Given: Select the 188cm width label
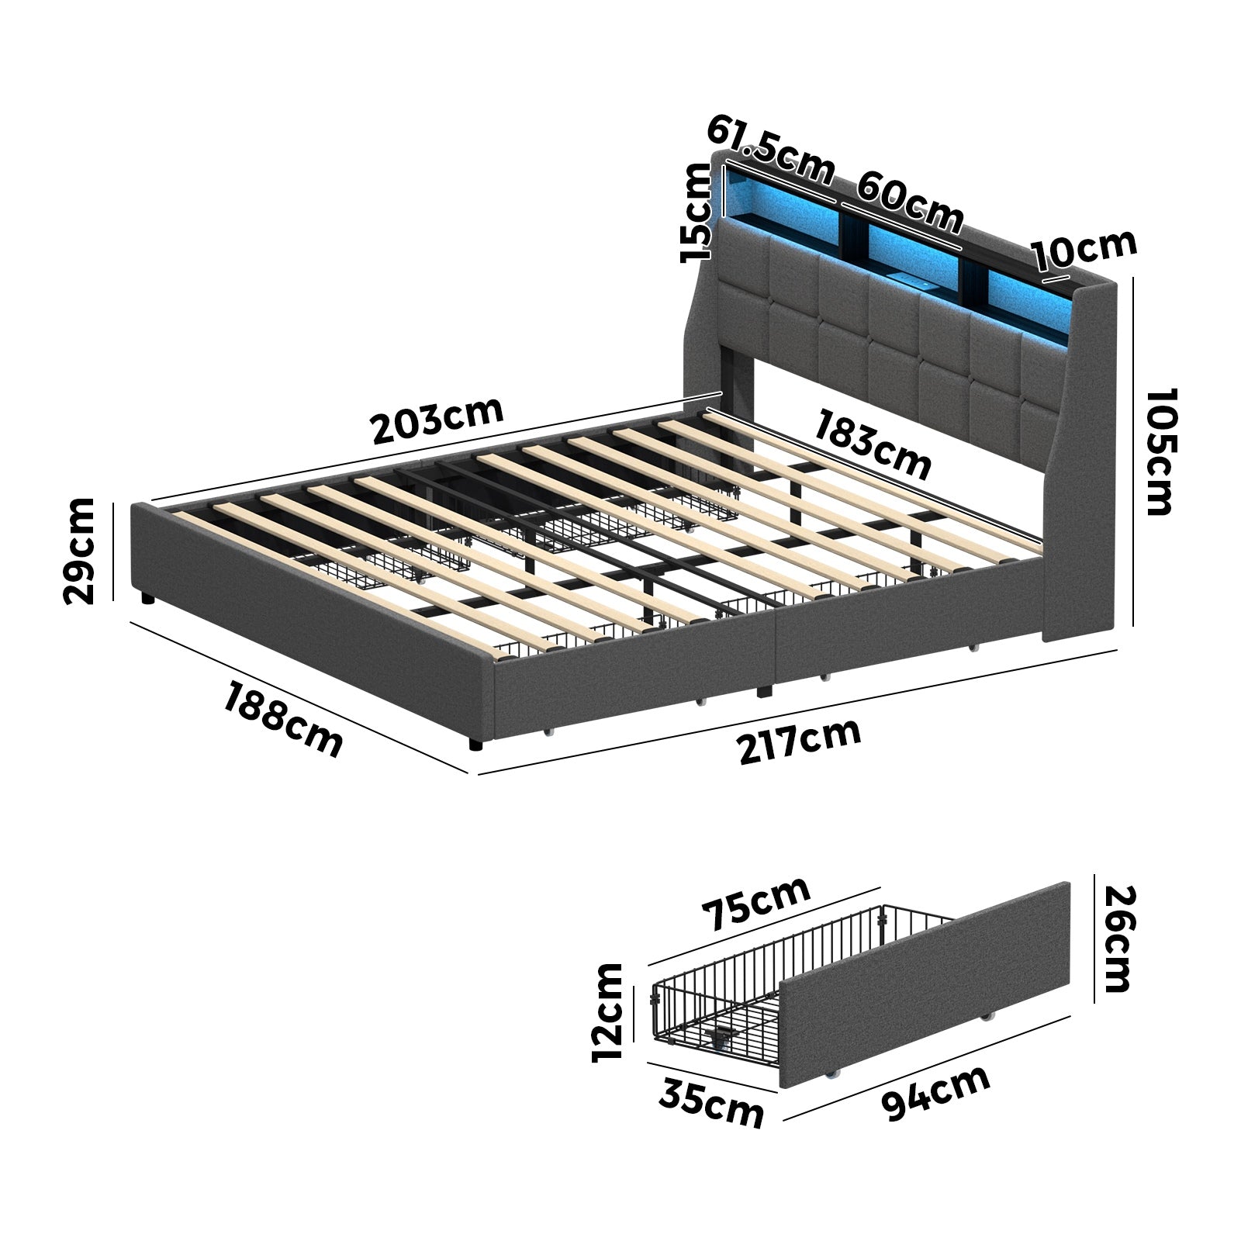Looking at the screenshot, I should pos(283,718).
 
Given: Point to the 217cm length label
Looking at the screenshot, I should pos(799,741).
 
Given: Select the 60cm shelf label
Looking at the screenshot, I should pos(910,203).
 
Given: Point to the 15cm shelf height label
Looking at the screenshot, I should pos(696,214).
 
